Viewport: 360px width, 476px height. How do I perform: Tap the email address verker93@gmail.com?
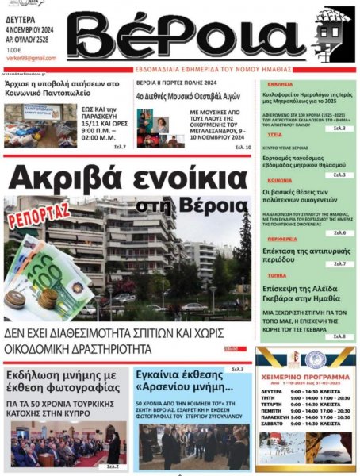pos(32,58)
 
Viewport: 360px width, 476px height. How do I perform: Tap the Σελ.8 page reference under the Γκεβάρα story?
pos(339,336)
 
